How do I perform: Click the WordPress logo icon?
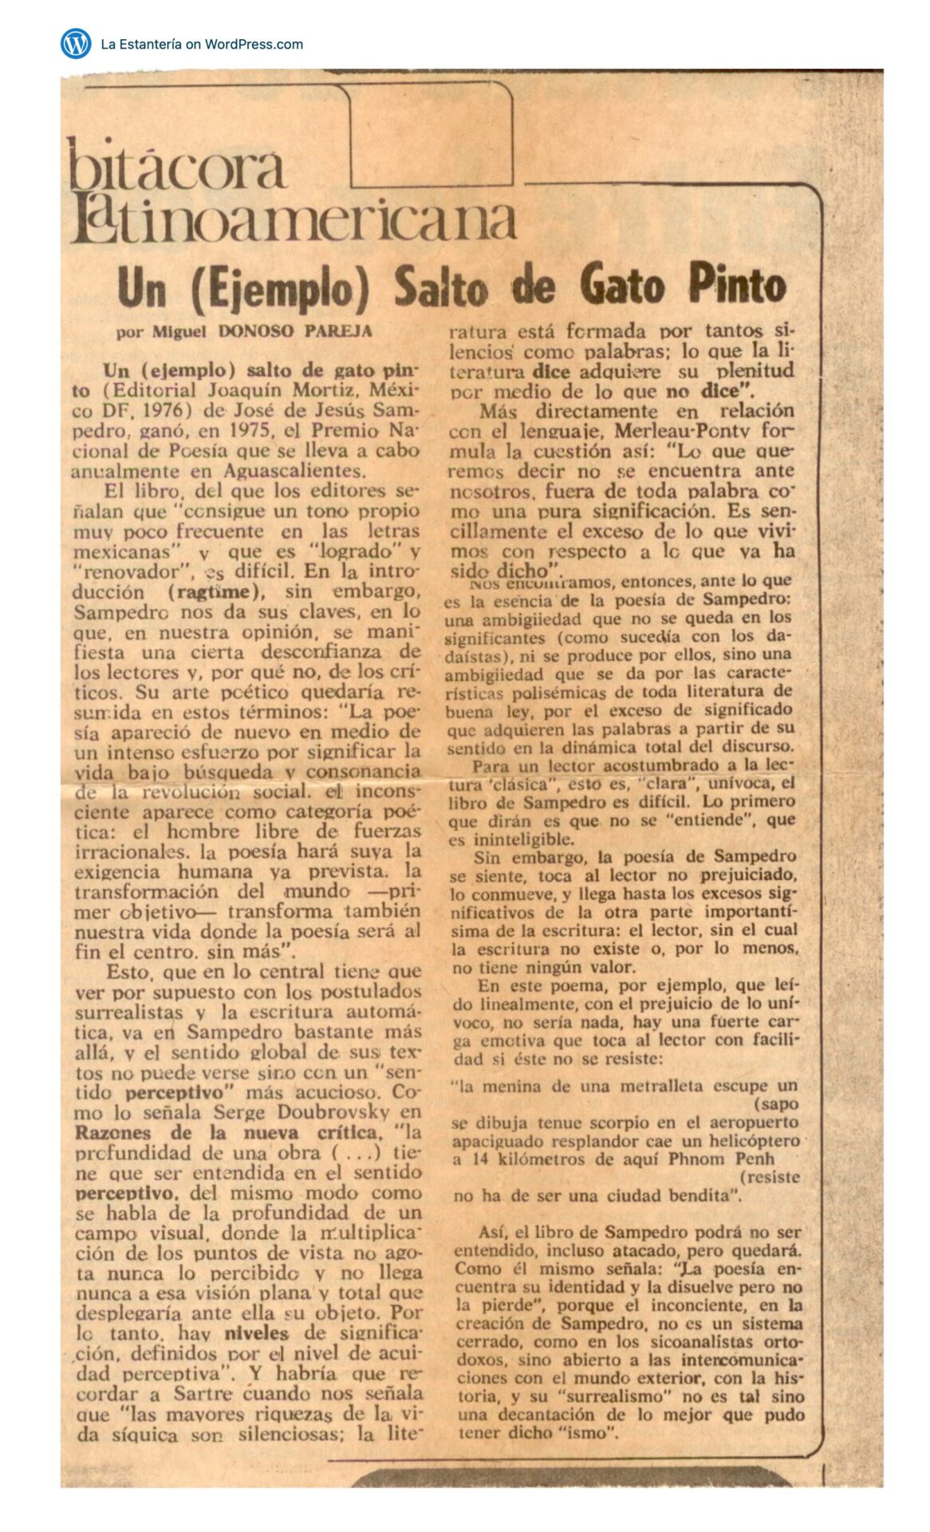(76, 43)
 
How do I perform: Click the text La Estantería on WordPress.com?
(202, 44)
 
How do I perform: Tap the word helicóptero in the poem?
(753, 1141)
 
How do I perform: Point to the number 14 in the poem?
(481, 1159)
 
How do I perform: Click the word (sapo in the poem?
(775, 1104)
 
